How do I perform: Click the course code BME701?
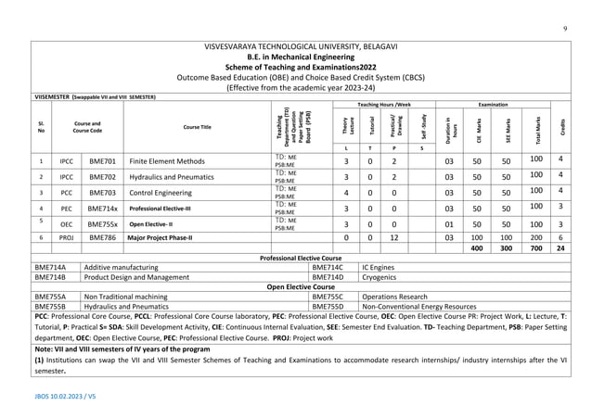tap(102, 160)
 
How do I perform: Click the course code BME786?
tap(102, 237)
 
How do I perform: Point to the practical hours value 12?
tap(393, 237)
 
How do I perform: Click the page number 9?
tap(564, 29)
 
